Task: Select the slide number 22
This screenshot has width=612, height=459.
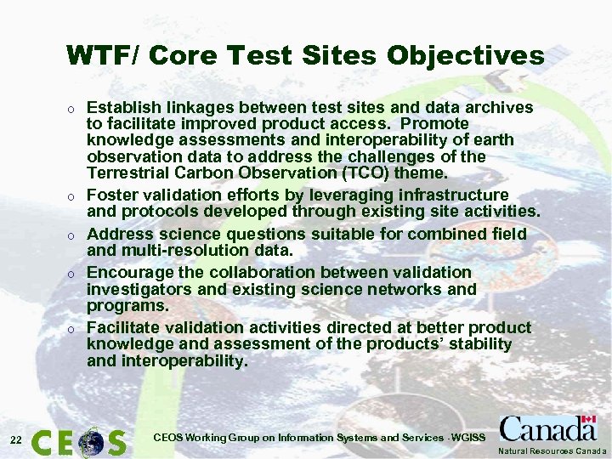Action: pyautogui.click(x=15, y=439)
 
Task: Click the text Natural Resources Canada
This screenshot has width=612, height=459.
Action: pyautogui.click(x=552, y=450)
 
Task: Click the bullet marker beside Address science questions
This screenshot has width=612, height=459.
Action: pyautogui.click(x=73, y=235)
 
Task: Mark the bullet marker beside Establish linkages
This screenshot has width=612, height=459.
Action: pyautogui.click(x=73, y=109)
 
